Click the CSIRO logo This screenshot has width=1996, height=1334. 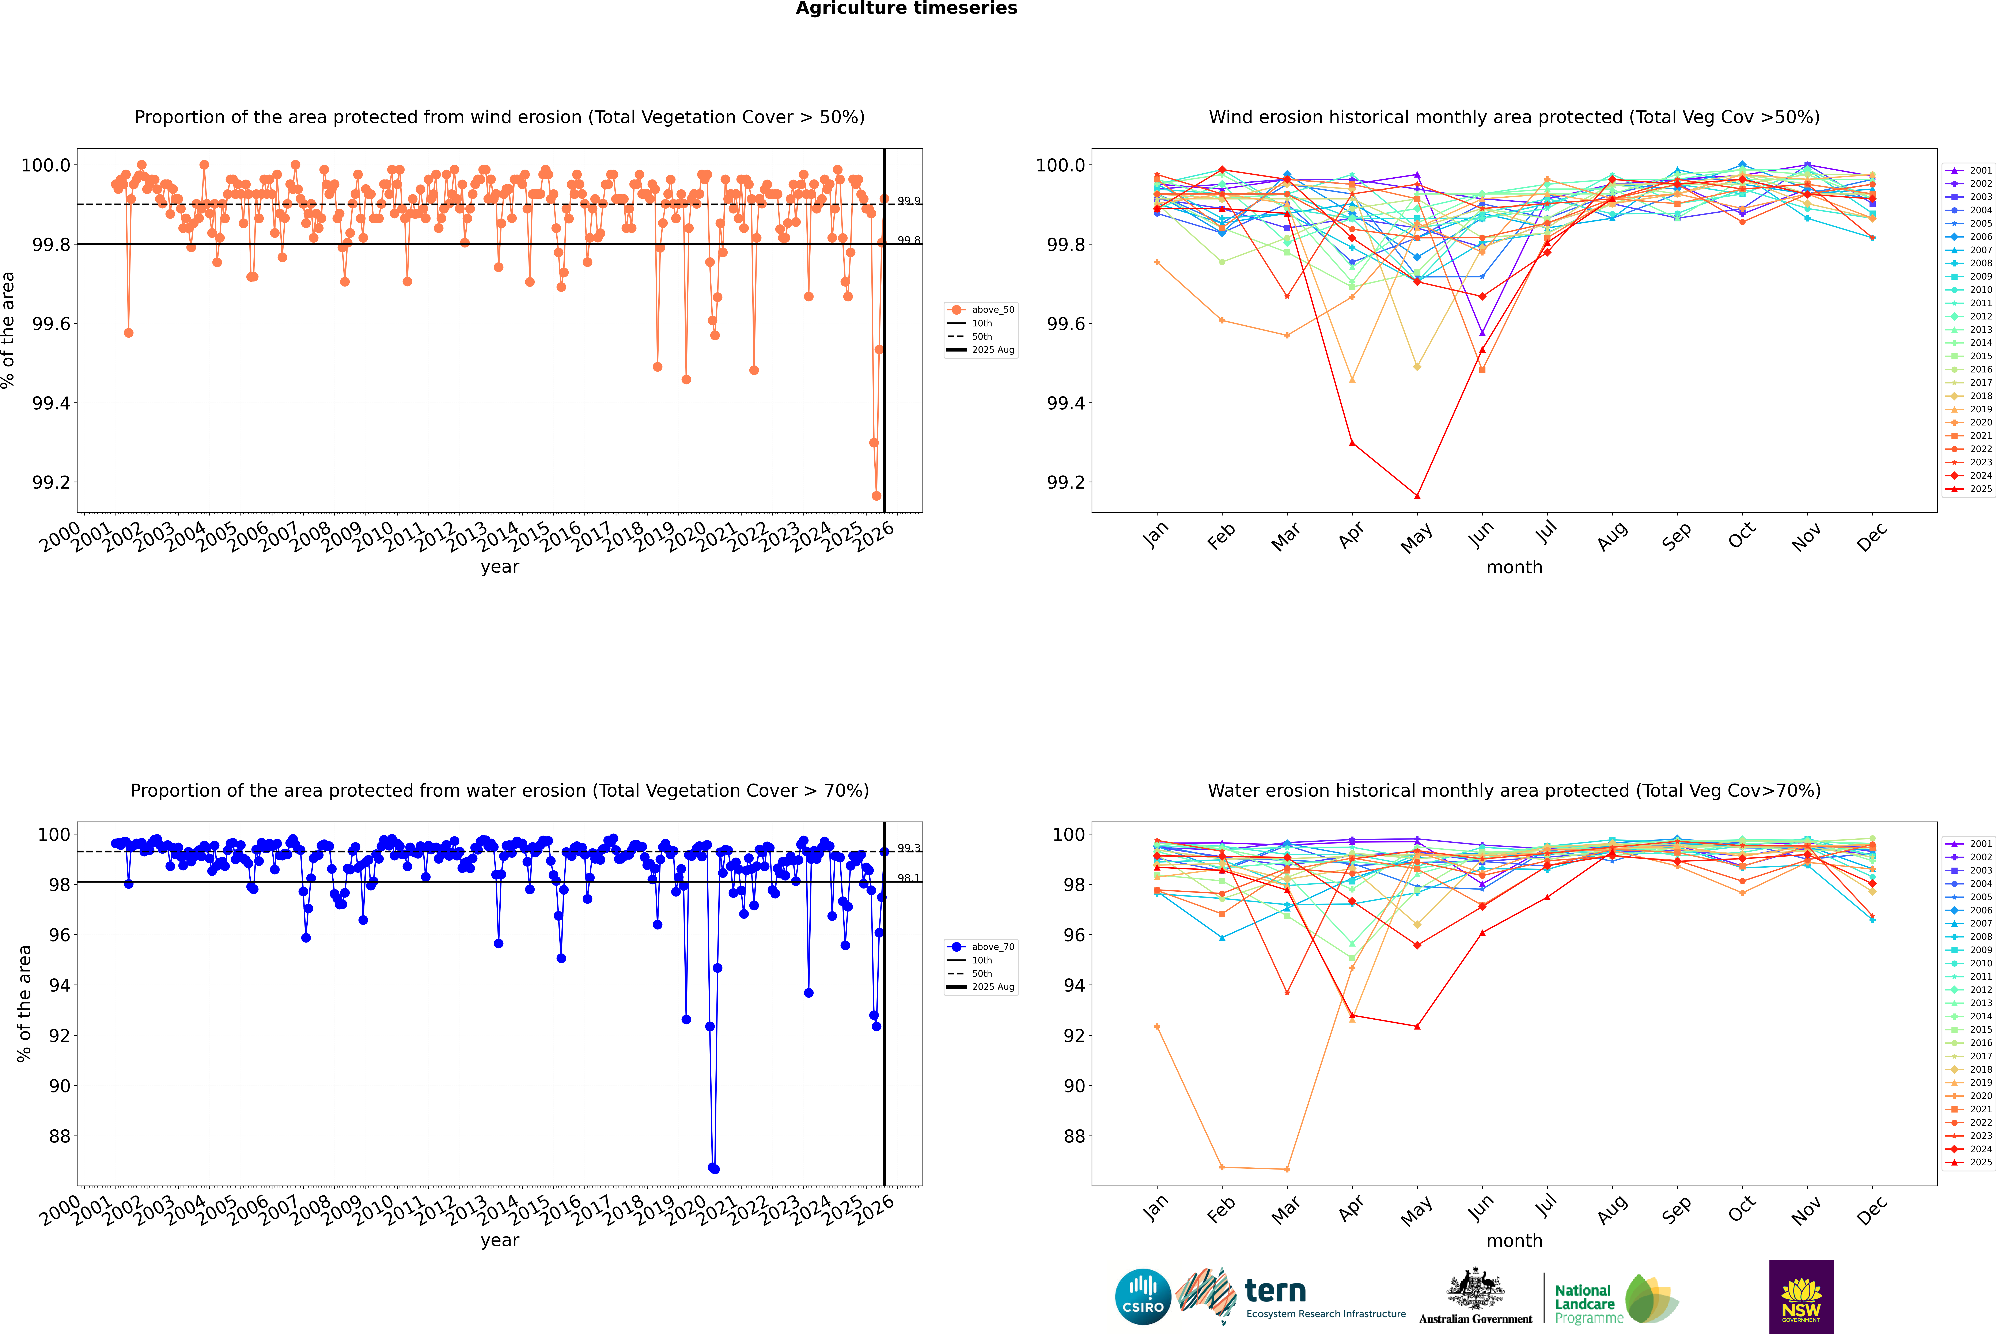click(x=1143, y=1297)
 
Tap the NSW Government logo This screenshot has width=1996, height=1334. click(x=1801, y=1297)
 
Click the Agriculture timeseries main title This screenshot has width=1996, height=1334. click(x=906, y=8)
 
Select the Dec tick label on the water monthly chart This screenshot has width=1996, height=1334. click(x=1872, y=1210)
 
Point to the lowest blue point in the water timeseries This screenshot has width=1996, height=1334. click(x=714, y=1169)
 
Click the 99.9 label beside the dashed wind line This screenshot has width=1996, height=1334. click(x=909, y=201)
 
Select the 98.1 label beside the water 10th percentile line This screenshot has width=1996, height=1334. click(x=909, y=878)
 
